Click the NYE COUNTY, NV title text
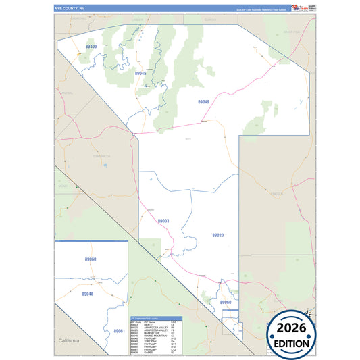pyautogui.click(x=70, y=8)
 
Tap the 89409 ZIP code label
pyautogui.click(x=91, y=47)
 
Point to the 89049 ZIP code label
pyautogui.click(x=203, y=102)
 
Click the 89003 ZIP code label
pyautogui.click(x=163, y=221)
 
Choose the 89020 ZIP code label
pyautogui.click(x=217, y=235)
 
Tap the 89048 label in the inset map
pyautogui.click(x=88, y=294)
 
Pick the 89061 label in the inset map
pyautogui.click(x=119, y=331)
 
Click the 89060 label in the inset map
pyautogui.click(x=91, y=259)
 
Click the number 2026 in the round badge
pyautogui.click(x=292, y=328)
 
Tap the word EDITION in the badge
pyautogui.click(x=292, y=343)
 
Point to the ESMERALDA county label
pyautogui.click(x=101, y=156)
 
